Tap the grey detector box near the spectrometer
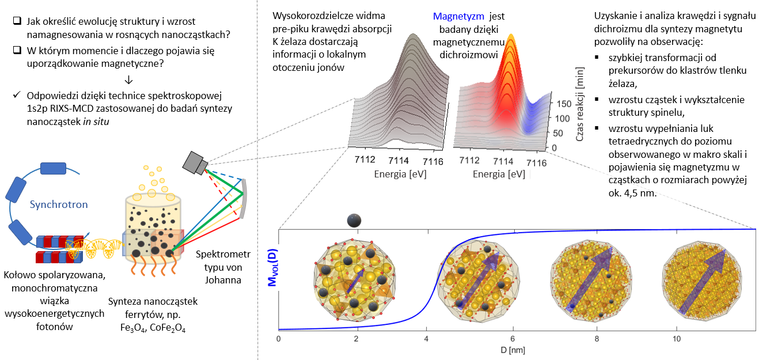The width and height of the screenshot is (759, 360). tap(194, 162)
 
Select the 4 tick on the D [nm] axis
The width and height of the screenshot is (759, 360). tap(426, 339)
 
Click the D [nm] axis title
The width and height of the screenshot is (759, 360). tap(516, 350)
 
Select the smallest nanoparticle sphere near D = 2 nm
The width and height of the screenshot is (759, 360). tap(354, 219)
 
